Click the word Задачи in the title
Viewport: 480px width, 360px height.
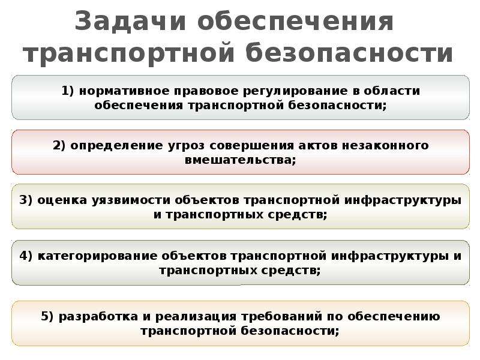click(130, 22)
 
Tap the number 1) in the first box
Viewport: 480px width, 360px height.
click(68, 91)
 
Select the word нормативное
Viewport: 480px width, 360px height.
click(124, 91)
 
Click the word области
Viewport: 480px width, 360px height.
click(392, 91)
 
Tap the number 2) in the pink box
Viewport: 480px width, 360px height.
click(59, 145)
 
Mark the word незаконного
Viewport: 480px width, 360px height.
click(385, 145)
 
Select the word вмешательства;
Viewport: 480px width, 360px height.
click(241, 160)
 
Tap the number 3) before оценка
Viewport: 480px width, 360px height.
click(26, 200)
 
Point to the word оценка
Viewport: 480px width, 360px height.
click(62, 200)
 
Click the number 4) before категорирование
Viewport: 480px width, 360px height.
click(26, 256)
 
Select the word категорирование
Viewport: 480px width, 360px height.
click(97, 256)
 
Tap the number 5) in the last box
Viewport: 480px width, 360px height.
click(47, 316)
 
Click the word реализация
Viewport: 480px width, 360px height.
click(196, 317)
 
